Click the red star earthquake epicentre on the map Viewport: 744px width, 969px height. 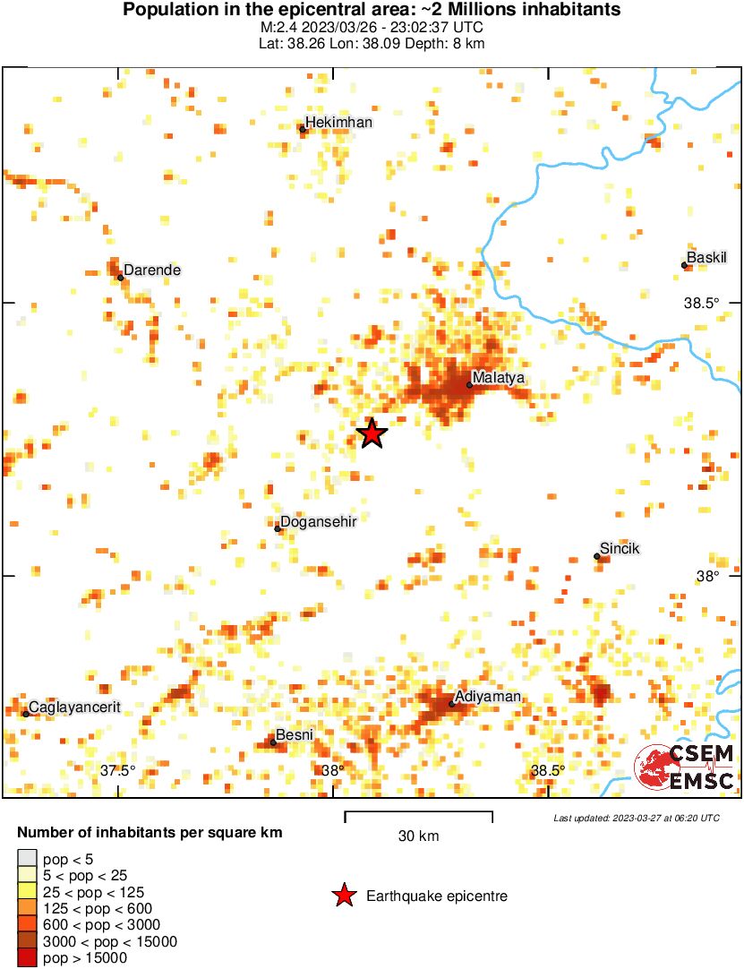(x=372, y=433)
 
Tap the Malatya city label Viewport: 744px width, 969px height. (x=498, y=378)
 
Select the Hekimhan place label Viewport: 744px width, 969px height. (x=338, y=123)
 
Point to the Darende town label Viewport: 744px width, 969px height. (x=152, y=270)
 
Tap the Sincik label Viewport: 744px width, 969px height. (x=620, y=549)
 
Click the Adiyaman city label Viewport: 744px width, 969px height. (x=488, y=697)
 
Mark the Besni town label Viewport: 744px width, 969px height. (x=295, y=735)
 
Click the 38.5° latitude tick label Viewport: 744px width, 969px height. (x=701, y=303)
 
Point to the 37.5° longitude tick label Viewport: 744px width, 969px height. (x=117, y=771)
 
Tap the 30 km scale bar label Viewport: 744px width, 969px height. (x=418, y=836)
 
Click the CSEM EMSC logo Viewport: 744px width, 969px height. (x=685, y=767)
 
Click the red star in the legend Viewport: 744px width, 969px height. (x=343, y=896)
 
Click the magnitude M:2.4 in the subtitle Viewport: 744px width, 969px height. (x=275, y=27)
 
